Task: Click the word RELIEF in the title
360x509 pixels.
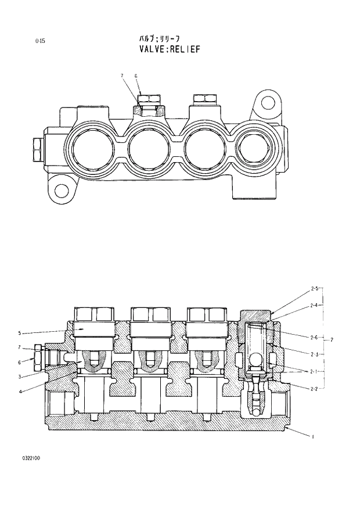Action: click(185, 49)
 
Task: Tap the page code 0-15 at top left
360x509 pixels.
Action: click(39, 41)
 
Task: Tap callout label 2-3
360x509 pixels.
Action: click(315, 354)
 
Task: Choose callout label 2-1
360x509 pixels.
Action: click(315, 371)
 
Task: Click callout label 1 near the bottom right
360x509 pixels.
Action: click(313, 436)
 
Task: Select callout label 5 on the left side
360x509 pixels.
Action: click(19, 333)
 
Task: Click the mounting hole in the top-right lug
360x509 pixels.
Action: click(268, 103)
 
